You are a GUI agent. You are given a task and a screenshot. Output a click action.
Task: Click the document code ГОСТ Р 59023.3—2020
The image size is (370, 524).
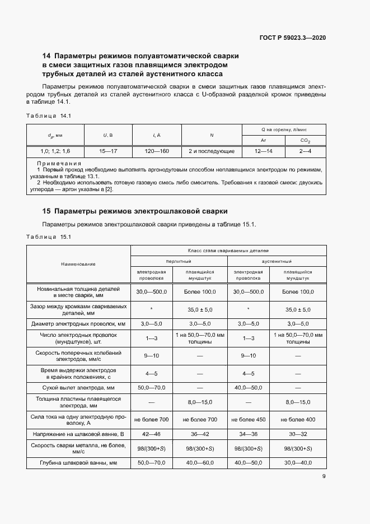pyautogui.click(x=293, y=38)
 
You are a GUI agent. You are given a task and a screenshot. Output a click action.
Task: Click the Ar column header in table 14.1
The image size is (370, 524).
pyautogui.click(x=263, y=140)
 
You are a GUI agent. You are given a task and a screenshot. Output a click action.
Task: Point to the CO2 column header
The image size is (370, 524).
pyautogui.click(x=305, y=140)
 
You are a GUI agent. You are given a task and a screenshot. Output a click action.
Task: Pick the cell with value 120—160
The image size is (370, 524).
pyautogui.click(x=157, y=151)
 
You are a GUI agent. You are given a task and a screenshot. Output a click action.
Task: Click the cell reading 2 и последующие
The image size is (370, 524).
pyautogui.click(x=211, y=151)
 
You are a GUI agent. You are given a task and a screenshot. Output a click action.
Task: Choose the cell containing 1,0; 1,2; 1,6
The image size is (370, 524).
pyautogui.click(x=55, y=151)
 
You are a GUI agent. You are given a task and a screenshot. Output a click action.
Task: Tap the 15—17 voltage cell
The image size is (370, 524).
pyautogui.click(x=107, y=151)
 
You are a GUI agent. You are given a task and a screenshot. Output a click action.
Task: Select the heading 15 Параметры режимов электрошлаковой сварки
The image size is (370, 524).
pyautogui.click(x=135, y=211)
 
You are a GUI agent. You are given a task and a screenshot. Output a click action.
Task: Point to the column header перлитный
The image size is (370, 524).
pyautogui.click(x=179, y=261)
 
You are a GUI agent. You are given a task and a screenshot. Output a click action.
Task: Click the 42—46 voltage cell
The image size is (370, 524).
pyautogui.click(x=152, y=434)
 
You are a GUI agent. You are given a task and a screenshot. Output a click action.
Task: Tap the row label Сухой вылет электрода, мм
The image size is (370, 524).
pyautogui.click(x=78, y=387)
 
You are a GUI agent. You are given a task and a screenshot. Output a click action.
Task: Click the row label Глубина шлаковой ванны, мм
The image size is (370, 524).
pyautogui.click(x=78, y=462)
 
